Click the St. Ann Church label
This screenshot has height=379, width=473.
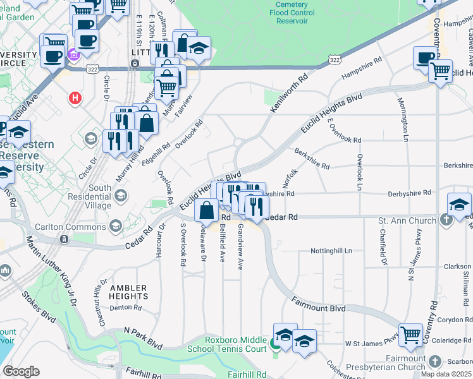point(407,220)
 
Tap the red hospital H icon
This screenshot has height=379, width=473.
point(75,99)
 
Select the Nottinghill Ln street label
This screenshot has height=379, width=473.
point(331,251)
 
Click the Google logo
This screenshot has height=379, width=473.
point(21,371)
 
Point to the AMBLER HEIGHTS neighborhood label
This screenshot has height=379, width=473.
point(128,292)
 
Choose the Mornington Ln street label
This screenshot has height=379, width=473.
point(402,119)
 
